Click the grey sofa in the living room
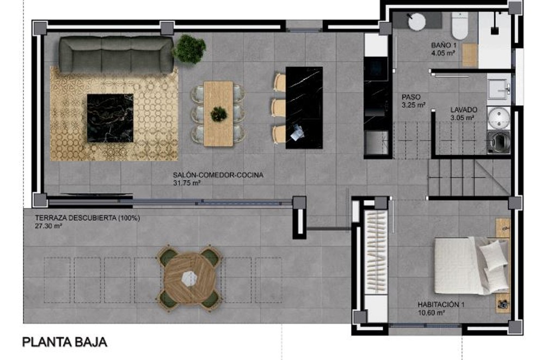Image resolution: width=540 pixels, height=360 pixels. (x=115, y=54)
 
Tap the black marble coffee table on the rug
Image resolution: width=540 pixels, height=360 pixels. (x=110, y=118)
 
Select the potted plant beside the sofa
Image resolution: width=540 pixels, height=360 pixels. (x=189, y=49)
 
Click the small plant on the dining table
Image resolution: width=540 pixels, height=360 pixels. (x=219, y=114)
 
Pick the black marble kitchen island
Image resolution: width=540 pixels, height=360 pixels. (x=304, y=107)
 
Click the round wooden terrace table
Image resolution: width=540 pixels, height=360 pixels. (x=189, y=277)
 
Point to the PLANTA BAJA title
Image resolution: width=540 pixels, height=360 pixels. (x=64, y=342)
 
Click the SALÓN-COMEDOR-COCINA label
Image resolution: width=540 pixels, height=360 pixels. (x=218, y=175)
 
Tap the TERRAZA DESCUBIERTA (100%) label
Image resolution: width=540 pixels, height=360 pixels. (x=87, y=218)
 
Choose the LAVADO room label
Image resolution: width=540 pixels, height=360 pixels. (x=463, y=109)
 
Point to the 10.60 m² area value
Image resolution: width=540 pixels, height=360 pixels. (x=432, y=313)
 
